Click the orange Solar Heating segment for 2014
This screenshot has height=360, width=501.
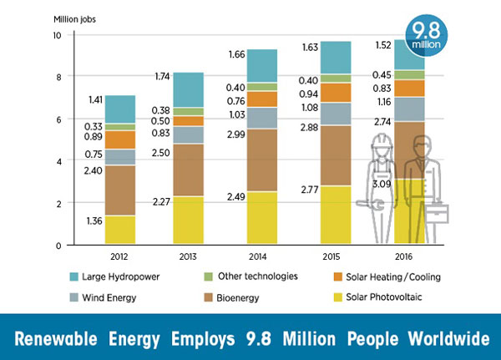tap(261, 99)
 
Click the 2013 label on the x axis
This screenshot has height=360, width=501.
tap(190, 256)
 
